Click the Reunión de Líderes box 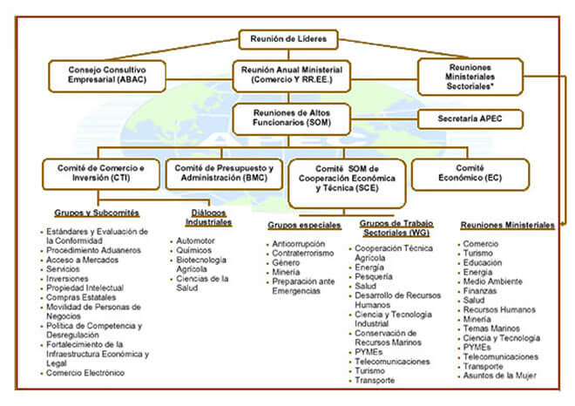[288, 39]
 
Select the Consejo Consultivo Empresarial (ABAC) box [107, 76]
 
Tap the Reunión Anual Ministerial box [292, 76]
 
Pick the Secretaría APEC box [470, 118]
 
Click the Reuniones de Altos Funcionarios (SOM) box [292, 118]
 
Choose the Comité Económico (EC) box [470, 174]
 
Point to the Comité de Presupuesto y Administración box [224, 174]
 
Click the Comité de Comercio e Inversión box [101, 174]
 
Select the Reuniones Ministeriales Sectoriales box [470, 77]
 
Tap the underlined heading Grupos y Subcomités [97, 213]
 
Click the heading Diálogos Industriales [208, 218]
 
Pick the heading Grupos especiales [304, 225]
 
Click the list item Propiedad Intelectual [85, 288]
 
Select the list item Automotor [195, 241]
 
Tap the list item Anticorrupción [299, 244]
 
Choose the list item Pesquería [373, 276]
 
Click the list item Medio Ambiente [492, 281]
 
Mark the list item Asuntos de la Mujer [499, 376]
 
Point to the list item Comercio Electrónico [85, 373]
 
